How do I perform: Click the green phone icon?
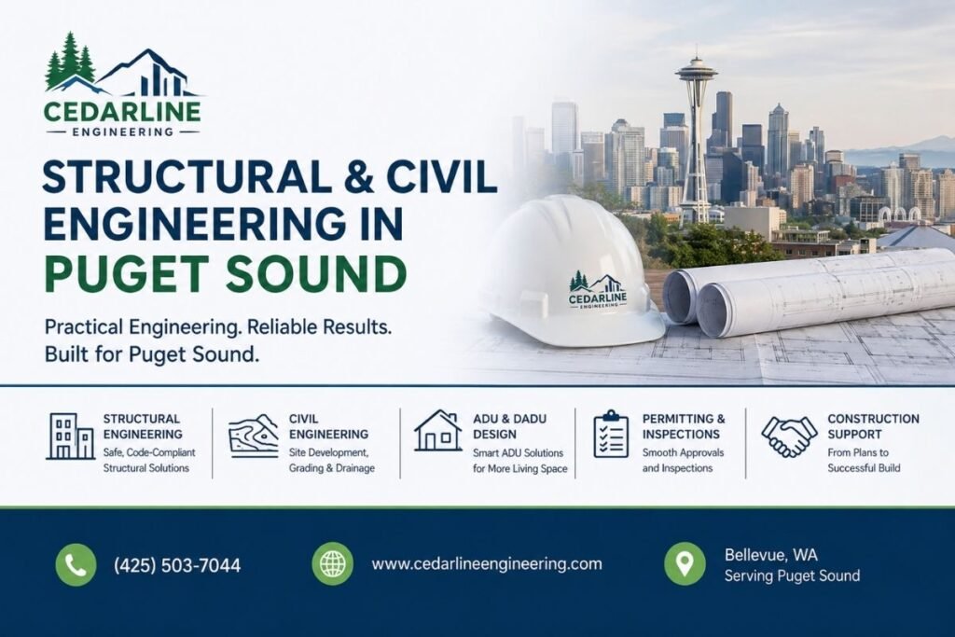(x=76, y=564)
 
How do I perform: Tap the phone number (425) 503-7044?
(x=177, y=566)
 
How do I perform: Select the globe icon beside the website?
(x=333, y=564)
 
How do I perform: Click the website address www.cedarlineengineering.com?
(x=487, y=564)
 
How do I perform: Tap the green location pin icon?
(x=685, y=564)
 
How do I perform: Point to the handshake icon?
(x=789, y=436)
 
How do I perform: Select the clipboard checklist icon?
(x=611, y=435)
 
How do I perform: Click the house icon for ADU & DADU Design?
(x=438, y=431)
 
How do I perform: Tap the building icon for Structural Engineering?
(x=70, y=436)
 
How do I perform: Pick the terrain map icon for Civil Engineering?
(x=254, y=436)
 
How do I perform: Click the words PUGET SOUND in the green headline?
(x=226, y=273)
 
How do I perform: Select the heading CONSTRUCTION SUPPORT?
(x=873, y=426)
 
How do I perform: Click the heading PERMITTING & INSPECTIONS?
(x=684, y=426)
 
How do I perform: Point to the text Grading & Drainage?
(x=331, y=468)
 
